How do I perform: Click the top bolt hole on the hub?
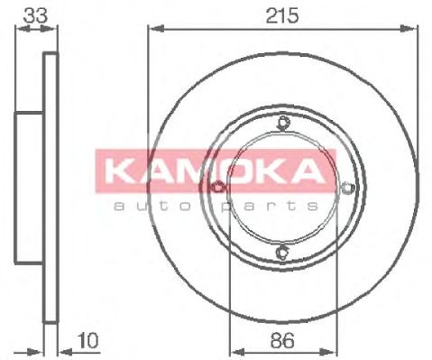(x=282, y=124)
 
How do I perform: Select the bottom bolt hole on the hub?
(x=282, y=252)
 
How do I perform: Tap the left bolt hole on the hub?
(x=218, y=188)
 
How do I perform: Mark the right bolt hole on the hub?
(x=347, y=188)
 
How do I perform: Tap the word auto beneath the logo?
(x=150, y=206)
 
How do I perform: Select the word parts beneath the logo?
(x=275, y=206)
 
